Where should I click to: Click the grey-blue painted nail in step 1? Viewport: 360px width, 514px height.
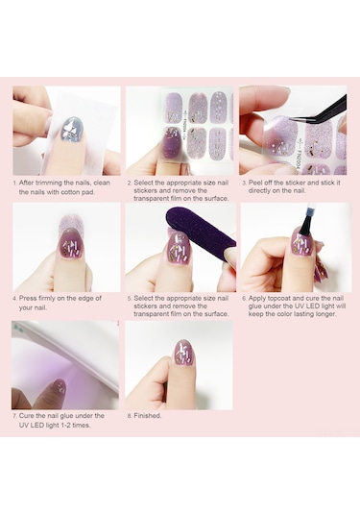coord(73,129)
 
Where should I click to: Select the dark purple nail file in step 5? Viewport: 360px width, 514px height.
coord(202,232)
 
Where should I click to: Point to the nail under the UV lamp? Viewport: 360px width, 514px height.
coord(60,387)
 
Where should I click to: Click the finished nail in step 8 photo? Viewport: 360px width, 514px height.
coord(184,353)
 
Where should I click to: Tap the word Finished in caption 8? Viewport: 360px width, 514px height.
coord(148,416)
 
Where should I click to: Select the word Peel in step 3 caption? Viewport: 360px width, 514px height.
coord(254,183)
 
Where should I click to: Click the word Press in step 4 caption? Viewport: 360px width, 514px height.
coord(28,298)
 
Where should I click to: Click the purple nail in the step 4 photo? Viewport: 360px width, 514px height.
coord(72,244)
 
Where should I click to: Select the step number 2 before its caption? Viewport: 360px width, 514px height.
coord(130,183)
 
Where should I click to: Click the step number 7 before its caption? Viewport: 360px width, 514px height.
coord(14,416)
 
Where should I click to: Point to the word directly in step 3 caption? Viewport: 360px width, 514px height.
coord(261,190)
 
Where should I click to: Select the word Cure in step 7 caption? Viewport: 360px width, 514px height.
coord(26,416)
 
